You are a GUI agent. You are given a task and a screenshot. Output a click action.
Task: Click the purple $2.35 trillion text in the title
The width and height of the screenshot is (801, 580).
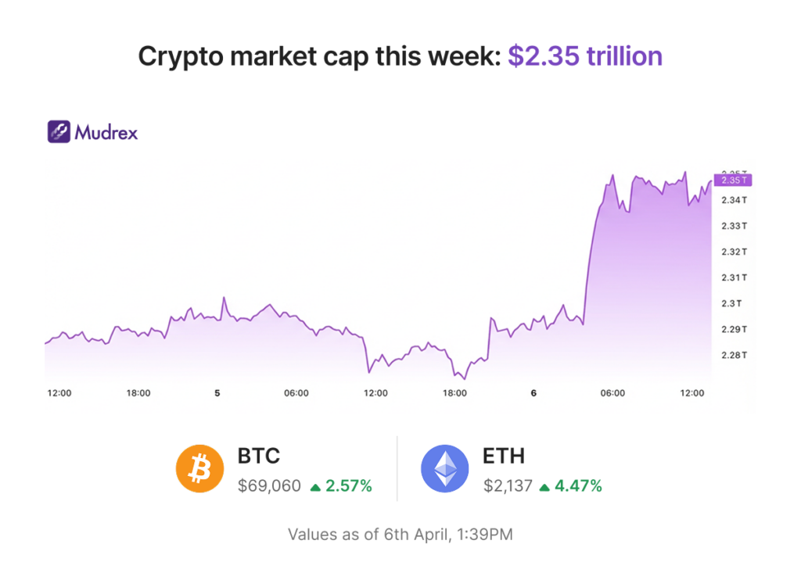pos(585,56)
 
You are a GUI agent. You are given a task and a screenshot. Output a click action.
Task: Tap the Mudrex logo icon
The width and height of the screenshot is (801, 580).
pos(59,131)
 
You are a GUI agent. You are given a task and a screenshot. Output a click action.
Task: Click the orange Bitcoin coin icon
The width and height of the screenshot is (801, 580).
pos(200,470)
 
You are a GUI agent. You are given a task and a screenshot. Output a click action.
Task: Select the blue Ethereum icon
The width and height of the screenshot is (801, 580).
pos(445,470)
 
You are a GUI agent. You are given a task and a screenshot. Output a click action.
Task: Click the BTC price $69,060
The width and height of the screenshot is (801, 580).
pos(269,486)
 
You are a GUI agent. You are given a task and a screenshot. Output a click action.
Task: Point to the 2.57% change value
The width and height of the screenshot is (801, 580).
pos(348,486)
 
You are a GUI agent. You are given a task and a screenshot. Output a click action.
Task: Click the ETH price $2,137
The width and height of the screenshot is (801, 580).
pos(507,486)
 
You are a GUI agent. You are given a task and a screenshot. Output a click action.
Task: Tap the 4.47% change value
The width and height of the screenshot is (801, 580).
pos(578,486)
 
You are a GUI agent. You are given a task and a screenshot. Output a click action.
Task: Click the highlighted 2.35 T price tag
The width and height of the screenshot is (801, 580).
pos(731,181)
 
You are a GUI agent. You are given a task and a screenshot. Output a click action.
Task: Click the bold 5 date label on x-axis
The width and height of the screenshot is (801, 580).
pos(217,393)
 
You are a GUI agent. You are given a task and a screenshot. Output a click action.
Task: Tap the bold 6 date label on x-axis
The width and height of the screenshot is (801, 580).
pos(533,393)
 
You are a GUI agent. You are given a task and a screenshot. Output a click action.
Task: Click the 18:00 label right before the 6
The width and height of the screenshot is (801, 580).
pos(454,393)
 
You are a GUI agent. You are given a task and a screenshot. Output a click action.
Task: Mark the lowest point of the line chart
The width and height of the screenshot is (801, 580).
pos(465,379)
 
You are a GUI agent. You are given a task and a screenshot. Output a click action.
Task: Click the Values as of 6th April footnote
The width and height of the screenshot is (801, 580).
pos(400,535)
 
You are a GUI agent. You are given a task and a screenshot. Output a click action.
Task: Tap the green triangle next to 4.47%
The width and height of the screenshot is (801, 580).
pos(544,487)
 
